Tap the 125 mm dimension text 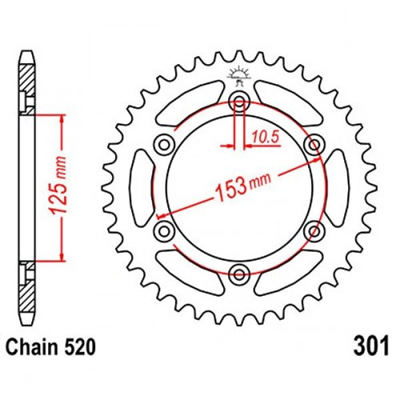point(58,186)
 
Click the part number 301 point(371,346)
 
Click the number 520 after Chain point(79,347)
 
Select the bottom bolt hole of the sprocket point(239,274)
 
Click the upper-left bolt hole point(165,145)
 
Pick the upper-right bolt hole point(314,145)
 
